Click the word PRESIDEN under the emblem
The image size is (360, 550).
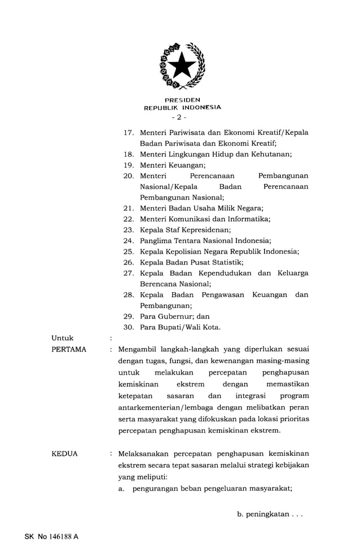[182, 99]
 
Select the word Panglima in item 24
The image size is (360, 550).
[156, 240]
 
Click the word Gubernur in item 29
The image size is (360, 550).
[176, 316]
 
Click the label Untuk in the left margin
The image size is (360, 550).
[62, 338]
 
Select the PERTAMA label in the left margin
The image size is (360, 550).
[69, 349]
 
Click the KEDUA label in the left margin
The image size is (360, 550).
[65, 454]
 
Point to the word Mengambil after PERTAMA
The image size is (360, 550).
[138, 349]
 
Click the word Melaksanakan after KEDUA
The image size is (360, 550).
[145, 454]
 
